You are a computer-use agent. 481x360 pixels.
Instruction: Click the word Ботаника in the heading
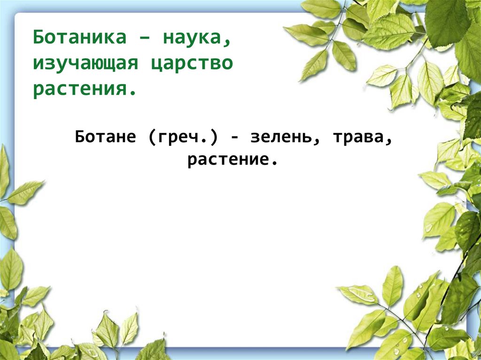(x=80, y=37)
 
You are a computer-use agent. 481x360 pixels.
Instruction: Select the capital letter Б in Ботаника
(x=39, y=37)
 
